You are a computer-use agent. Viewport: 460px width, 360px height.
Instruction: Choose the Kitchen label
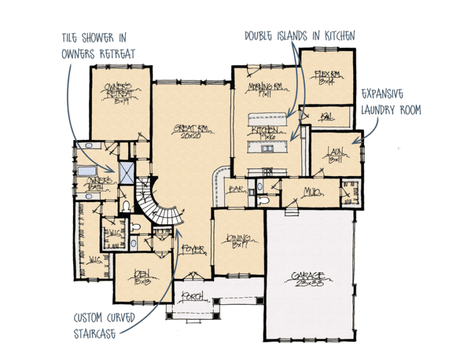(265, 132)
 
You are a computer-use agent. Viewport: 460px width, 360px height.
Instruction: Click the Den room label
(141, 276)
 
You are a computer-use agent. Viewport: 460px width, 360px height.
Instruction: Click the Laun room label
(334, 157)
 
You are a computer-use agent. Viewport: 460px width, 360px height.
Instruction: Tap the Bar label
(235, 190)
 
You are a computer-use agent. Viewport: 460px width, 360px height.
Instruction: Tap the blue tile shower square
(126, 172)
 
